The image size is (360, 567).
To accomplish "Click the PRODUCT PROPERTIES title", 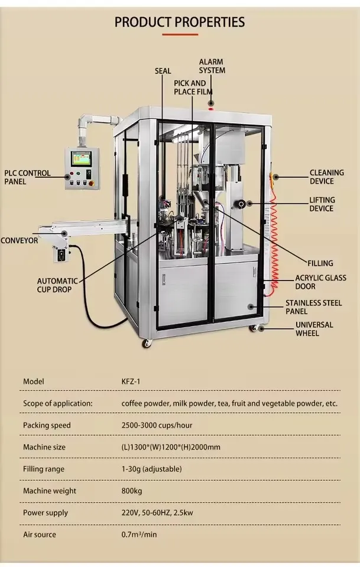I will click(x=180, y=22).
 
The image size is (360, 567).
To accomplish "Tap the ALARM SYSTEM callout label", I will click(x=212, y=66).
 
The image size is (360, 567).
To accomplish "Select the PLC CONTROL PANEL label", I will click(x=27, y=177).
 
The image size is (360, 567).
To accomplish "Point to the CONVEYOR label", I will click(x=19, y=240).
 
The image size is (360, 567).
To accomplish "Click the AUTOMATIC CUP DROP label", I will click(x=57, y=285).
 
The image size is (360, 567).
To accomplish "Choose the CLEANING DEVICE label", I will click(x=326, y=177).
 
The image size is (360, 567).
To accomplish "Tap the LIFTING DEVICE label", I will click(x=322, y=204).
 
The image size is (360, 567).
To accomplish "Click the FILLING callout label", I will click(x=320, y=263).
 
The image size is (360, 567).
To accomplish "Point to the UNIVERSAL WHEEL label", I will click(x=314, y=329).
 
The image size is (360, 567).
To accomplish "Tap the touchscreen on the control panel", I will click(x=80, y=158).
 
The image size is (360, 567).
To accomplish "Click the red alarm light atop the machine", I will click(x=211, y=103).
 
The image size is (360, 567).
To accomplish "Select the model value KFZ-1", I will click(x=131, y=382).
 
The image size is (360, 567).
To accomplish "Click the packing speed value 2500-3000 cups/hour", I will click(x=157, y=425).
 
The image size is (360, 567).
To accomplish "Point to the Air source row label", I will click(x=40, y=535).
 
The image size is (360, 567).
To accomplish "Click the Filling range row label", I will click(x=43, y=469).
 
